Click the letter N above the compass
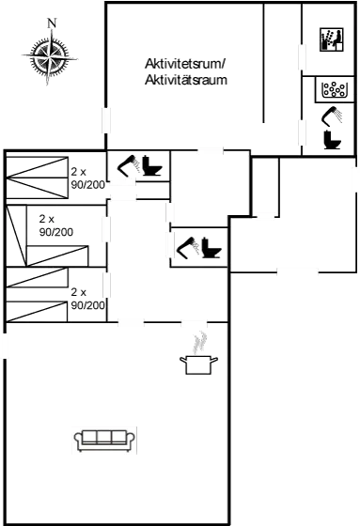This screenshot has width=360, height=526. click(x=53, y=23)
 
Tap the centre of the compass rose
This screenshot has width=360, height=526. click(x=46, y=55)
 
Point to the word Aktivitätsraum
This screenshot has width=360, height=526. click(x=187, y=81)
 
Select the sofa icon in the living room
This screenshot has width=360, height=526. click(x=105, y=439)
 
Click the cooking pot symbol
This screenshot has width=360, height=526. click(x=197, y=364)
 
